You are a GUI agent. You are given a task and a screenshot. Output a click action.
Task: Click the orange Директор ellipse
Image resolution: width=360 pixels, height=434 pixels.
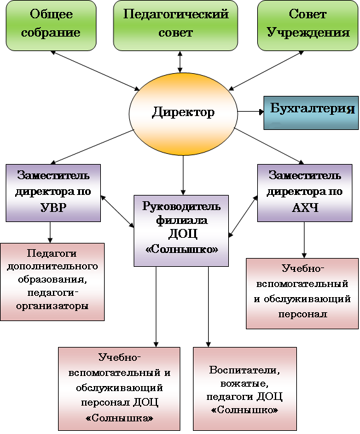pyautogui.click(x=183, y=114)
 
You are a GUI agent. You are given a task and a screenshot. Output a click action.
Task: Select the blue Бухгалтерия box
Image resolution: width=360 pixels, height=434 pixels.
pyautogui.click(x=311, y=113)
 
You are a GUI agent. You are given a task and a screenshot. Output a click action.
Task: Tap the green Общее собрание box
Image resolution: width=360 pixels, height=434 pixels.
pyautogui.click(x=51, y=25)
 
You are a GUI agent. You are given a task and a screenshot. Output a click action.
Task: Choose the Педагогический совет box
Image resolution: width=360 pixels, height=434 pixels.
pyautogui.click(x=176, y=25)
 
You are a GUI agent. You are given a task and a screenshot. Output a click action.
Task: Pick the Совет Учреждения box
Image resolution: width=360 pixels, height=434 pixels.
pyautogui.click(x=308, y=25)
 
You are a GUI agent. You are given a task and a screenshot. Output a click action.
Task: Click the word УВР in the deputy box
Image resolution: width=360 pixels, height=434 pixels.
pyautogui.click(x=54, y=208)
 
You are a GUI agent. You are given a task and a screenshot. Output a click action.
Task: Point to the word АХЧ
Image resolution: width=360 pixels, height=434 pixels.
pyautogui.click(x=305, y=208)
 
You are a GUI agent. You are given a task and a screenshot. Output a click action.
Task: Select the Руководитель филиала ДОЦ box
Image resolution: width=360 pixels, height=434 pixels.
pyautogui.click(x=181, y=231)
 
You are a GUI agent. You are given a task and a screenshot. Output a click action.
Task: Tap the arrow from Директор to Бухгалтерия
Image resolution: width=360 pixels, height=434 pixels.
pyautogui.click(x=251, y=112)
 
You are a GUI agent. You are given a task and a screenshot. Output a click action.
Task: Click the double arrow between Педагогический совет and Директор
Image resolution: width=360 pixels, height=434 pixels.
pyautogui.click(x=180, y=62)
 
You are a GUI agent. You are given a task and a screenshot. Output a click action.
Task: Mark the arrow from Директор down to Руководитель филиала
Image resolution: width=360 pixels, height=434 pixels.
pyautogui.click(x=183, y=175)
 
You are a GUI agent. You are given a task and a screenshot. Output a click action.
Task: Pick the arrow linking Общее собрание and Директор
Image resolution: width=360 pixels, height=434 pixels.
pyautogui.click(x=95, y=71)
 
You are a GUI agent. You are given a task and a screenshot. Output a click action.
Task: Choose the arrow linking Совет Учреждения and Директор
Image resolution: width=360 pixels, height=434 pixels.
pyautogui.click(x=267, y=71)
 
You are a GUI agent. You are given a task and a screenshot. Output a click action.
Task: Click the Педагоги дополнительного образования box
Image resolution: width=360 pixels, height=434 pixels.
pyautogui.click(x=52, y=282)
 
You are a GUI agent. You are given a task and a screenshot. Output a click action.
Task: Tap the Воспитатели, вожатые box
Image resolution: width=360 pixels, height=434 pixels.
pyautogui.click(x=245, y=389)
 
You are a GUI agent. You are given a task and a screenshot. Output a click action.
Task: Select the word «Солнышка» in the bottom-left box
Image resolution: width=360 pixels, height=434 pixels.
pyautogui.click(x=119, y=418)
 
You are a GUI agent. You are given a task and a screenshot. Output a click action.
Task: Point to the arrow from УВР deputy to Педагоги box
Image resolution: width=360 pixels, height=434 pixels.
pyautogui.click(x=50, y=232)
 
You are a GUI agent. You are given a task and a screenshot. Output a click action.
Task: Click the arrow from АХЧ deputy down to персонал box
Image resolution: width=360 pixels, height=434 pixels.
pyautogui.click(x=304, y=240)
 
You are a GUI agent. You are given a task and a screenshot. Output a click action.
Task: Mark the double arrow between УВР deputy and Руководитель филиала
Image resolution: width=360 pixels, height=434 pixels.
pyautogui.click(x=117, y=211)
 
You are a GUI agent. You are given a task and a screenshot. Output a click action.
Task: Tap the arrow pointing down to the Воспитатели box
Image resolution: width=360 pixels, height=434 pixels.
pyautogui.click(x=208, y=307)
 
